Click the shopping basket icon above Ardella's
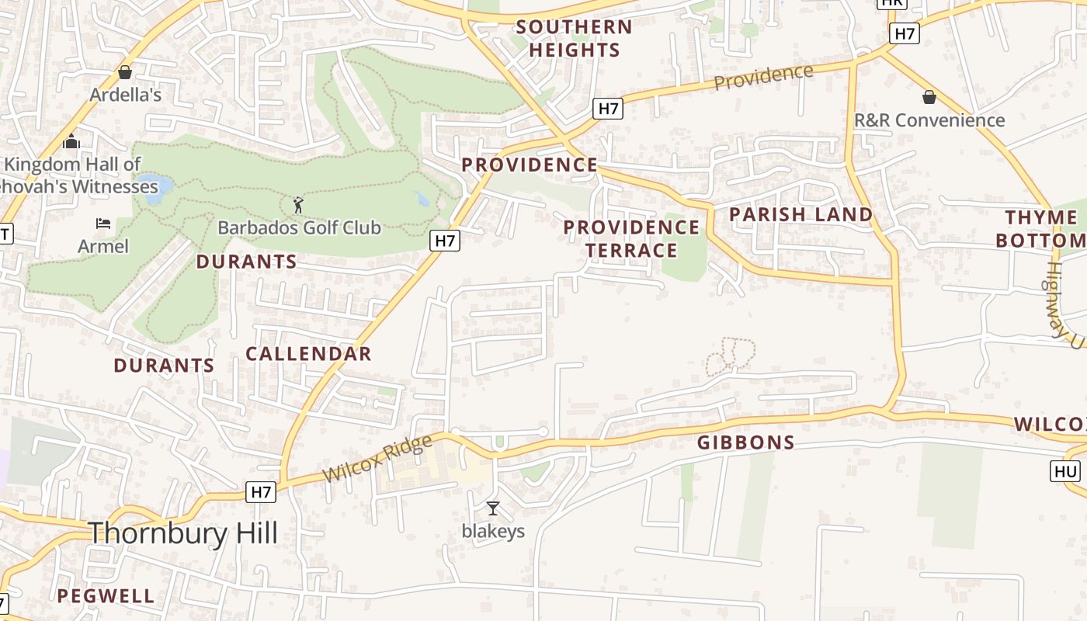click(125, 72)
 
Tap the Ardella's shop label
click(125, 95)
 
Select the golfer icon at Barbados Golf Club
click(299, 206)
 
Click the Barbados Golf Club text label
click(299, 227)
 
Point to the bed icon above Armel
click(103, 224)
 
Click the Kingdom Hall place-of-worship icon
click(71, 141)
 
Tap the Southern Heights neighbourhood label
click(574, 38)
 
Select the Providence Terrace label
click(631, 238)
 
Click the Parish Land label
click(801, 214)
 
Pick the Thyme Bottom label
click(1040, 228)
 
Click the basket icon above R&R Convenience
click(929, 97)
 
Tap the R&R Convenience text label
click(929, 120)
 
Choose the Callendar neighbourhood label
click(308, 354)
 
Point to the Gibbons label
click(745, 443)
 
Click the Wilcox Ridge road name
click(377, 459)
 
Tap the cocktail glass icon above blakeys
click(492, 508)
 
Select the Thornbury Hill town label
click(182, 533)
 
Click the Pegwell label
click(106, 596)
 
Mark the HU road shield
click(1065, 471)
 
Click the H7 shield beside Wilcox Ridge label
click(261, 491)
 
